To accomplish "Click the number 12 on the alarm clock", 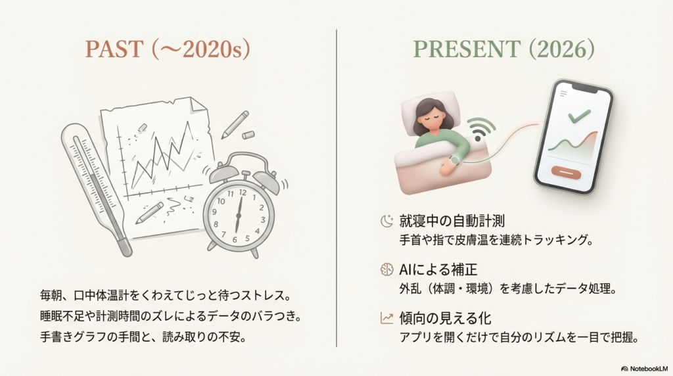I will [x=241, y=192].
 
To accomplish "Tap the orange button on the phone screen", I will [x=566, y=173].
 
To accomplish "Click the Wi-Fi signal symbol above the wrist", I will [x=480, y=129].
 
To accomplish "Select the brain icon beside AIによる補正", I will [x=386, y=269].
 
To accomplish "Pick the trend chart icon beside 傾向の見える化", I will [x=386, y=317].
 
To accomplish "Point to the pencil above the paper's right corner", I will [x=235, y=124].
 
